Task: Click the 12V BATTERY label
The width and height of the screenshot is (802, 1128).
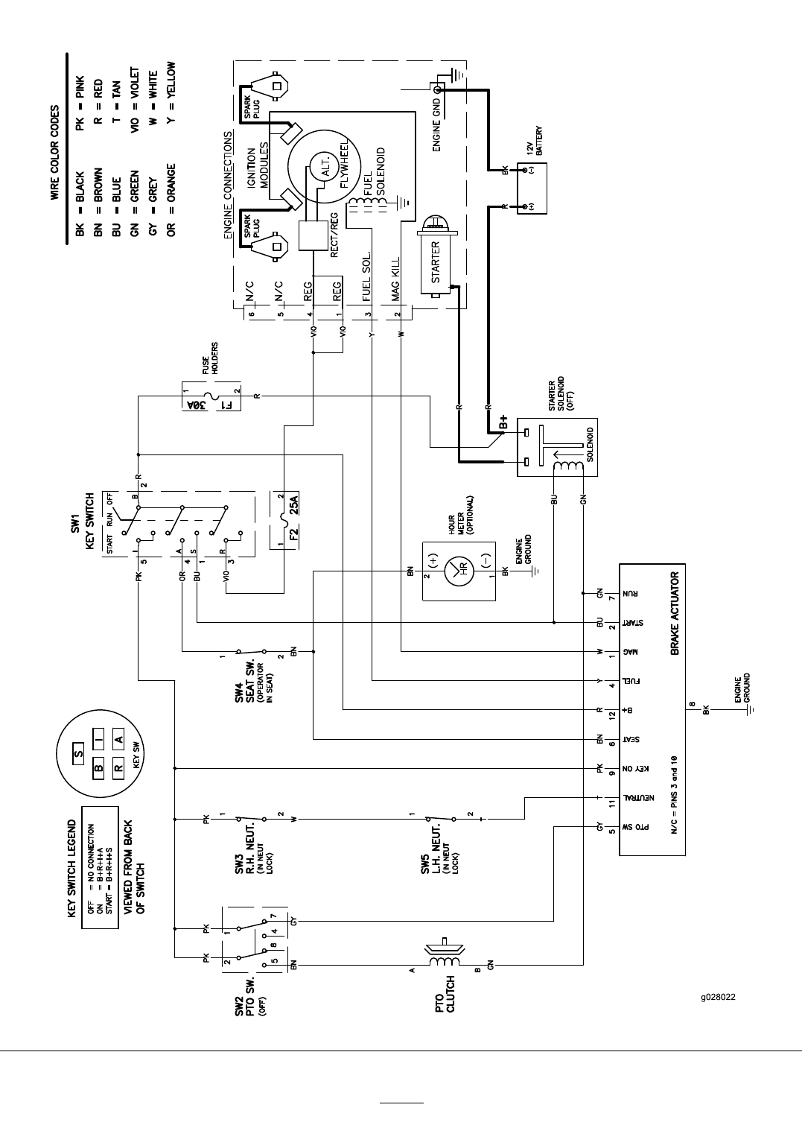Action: (534, 140)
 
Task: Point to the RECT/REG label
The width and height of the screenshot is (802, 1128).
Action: (334, 235)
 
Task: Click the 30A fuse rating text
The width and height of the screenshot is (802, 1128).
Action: (195, 406)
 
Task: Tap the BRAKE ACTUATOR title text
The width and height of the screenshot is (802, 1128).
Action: (675, 613)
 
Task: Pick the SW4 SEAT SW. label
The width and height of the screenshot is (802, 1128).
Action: (245, 680)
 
